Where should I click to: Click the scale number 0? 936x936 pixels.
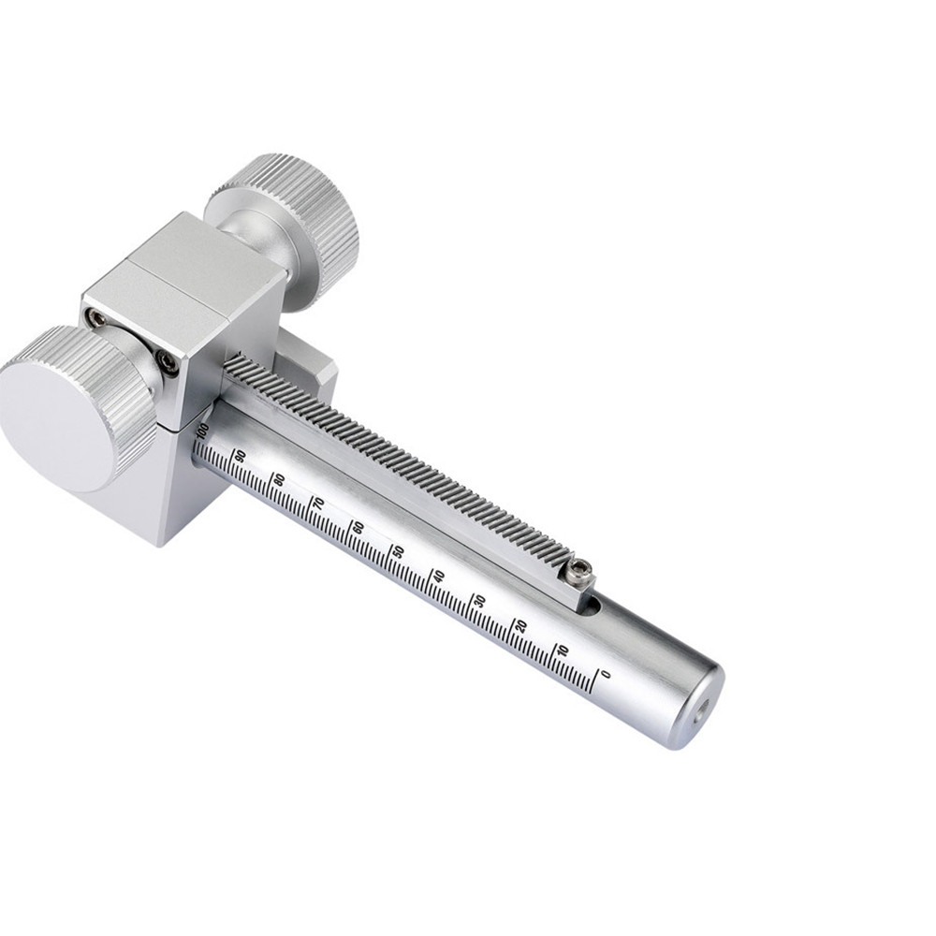point(607,674)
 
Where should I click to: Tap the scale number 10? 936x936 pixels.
point(563,651)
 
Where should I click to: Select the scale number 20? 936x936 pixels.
point(521,625)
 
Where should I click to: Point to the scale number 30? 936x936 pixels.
point(479,601)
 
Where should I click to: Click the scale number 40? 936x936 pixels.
point(439,576)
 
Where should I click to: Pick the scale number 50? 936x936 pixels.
point(398,551)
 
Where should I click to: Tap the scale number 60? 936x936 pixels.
point(358,527)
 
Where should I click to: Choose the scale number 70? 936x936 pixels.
point(319,504)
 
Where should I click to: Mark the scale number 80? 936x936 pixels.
point(279,479)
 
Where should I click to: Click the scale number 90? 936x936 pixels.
point(240,456)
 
